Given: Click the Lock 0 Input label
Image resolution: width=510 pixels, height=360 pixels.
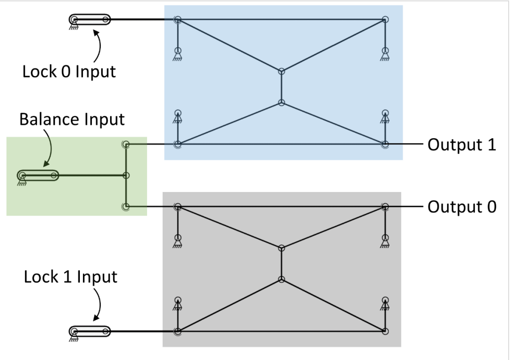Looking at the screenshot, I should [69, 71].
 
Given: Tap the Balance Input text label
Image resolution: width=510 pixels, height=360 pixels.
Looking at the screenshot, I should [72, 119].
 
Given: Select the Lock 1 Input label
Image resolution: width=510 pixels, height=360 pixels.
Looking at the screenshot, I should [70, 276].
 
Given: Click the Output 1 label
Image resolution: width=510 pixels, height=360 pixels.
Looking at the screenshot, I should [462, 146].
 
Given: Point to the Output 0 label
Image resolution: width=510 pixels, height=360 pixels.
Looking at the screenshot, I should [462, 208].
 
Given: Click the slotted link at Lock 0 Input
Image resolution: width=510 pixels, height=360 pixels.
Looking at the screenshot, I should [90, 20].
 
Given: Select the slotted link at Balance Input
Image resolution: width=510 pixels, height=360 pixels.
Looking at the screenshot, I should [38, 175].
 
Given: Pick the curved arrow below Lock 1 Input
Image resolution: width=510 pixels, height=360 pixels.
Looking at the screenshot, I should [98, 304].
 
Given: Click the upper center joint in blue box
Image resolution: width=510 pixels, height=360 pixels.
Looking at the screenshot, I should [281, 71].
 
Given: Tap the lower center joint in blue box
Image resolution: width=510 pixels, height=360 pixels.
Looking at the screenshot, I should [281, 102].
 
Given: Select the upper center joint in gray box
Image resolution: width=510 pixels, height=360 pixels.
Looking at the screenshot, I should [281, 248].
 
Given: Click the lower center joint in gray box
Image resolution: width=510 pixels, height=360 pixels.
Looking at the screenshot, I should [281, 279].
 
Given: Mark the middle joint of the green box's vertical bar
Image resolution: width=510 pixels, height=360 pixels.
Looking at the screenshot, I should [126, 175].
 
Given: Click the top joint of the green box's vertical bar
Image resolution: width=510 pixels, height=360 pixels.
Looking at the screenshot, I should [126, 144].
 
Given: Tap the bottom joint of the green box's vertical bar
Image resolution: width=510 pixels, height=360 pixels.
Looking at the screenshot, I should [126, 206].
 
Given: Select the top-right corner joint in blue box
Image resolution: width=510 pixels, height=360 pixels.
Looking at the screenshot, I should [385, 20].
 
